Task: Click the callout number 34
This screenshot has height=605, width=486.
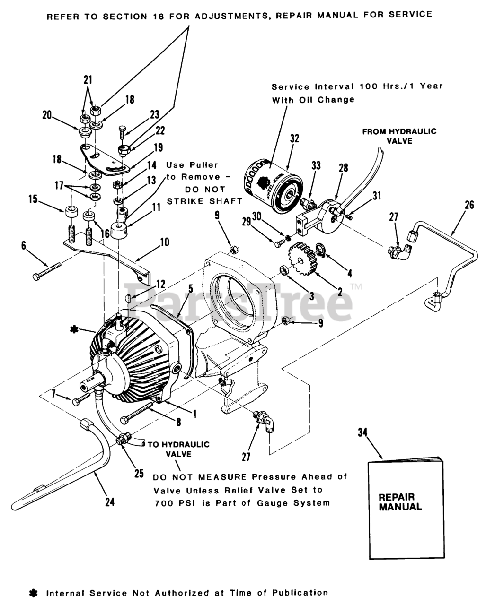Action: coord(362,434)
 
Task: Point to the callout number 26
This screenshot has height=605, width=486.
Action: coord(469,206)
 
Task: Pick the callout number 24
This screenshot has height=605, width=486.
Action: coord(110,501)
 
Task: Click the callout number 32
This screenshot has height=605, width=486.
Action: coord(294,139)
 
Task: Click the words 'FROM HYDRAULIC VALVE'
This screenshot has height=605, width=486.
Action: coord(399,136)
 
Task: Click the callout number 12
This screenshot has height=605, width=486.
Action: coord(160,284)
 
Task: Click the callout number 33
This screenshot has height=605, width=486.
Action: coord(316,166)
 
